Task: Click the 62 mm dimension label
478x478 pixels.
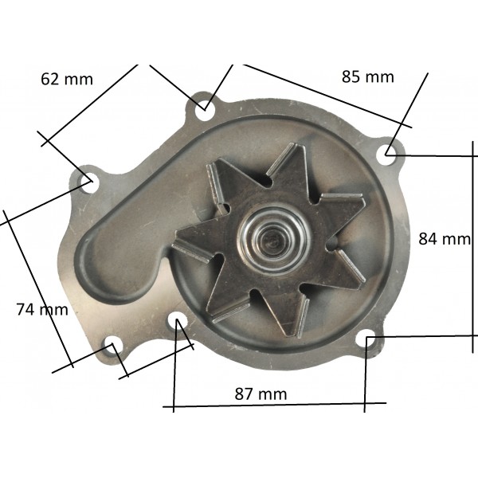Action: click(67, 79)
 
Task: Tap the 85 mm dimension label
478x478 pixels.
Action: click(367, 76)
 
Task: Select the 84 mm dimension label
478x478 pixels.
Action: click(445, 239)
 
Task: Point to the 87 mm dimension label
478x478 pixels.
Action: click(261, 394)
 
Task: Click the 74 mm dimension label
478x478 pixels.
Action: click(42, 309)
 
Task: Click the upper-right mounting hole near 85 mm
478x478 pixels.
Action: click(386, 155)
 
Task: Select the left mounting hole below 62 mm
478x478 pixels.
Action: click(89, 182)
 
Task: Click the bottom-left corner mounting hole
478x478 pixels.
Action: click(114, 346)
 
